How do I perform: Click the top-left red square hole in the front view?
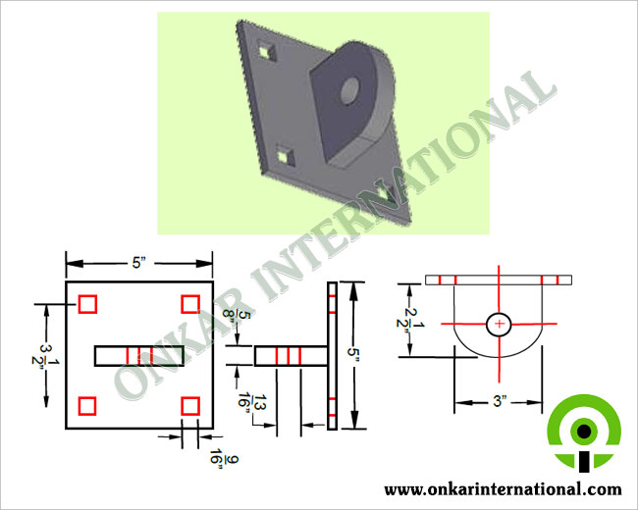click(87, 304)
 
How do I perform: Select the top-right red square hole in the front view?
click(190, 304)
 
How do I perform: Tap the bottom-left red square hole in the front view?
click(87, 406)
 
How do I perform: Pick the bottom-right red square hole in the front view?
click(190, 406)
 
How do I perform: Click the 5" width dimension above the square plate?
click(138, 263)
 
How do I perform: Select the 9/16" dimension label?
click(224, 458)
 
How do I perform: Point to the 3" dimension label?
click(500, 401)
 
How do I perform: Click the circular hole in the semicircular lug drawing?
click(500, 324)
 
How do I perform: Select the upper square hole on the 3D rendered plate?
click(266, 52)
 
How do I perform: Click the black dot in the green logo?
click(584, 431)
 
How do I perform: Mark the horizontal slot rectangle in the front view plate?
click(139, 356)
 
